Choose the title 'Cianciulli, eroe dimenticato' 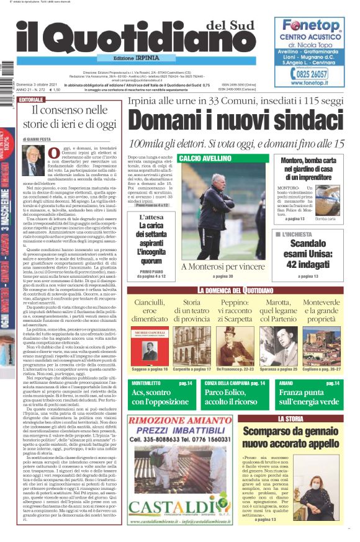click(x=150, y=310)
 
